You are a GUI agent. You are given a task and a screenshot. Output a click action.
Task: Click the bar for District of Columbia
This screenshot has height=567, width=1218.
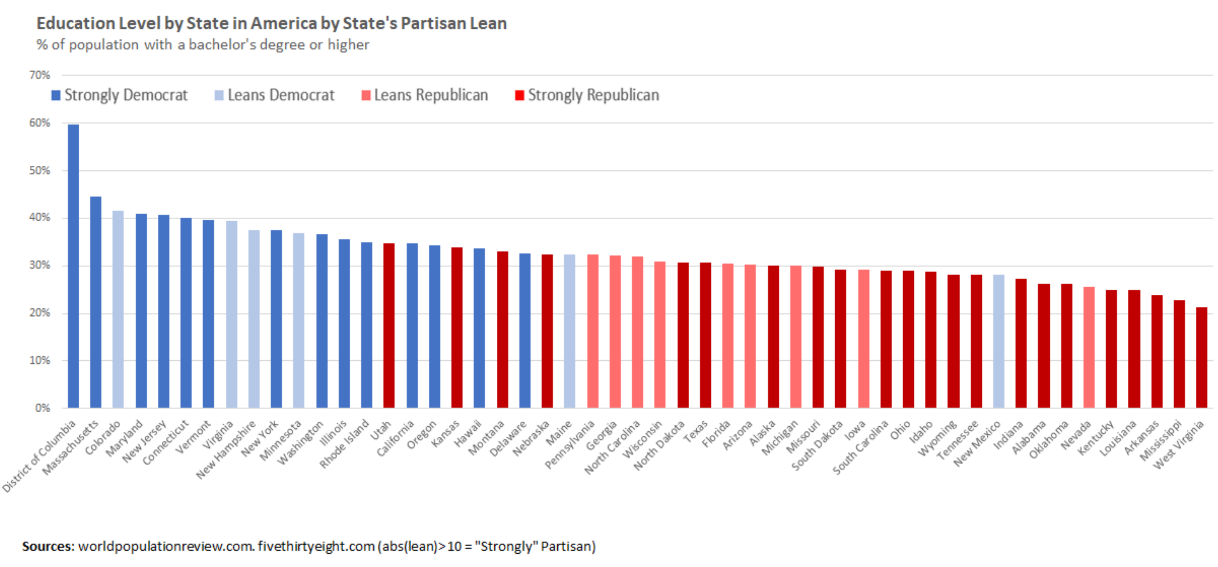(x=73, y=265)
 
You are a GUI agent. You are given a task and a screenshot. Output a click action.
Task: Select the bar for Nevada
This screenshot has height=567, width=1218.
(x=1089, y=347)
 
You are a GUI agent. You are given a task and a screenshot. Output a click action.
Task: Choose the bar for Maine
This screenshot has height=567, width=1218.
(x=570, y=331)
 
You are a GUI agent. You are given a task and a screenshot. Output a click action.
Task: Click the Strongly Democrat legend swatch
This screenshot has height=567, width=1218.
(x=56, y=96)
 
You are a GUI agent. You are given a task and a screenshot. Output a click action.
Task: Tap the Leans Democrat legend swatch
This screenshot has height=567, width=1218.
(x=219, y=96)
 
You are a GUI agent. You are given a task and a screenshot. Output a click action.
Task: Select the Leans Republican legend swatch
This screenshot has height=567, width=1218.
(x=366, y=96)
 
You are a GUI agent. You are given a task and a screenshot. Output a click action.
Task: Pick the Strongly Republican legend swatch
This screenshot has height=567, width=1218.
(x=519, y=96)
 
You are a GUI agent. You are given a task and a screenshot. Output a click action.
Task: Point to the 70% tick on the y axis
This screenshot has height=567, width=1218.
(x=39, y=75)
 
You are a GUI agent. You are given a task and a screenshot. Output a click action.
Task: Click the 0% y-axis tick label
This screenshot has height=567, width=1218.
(x=42, y=408)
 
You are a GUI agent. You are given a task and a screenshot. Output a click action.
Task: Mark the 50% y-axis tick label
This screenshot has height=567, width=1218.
(x=39, y=171)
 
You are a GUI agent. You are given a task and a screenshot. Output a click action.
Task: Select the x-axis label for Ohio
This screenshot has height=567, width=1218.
(x=900, y=430)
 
